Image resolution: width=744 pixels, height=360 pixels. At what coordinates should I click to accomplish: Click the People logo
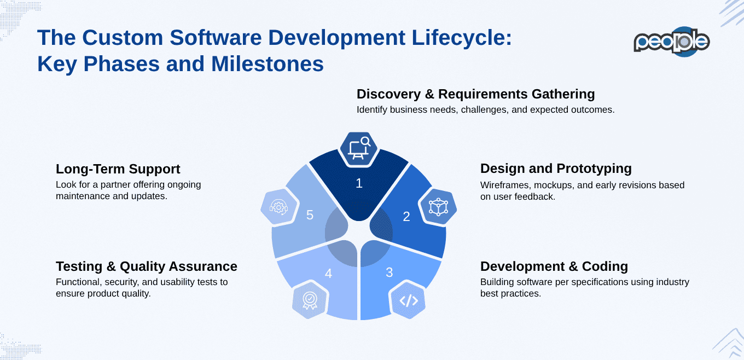[x=671, y=42]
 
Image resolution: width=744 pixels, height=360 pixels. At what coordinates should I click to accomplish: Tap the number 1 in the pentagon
[x=359, y=183]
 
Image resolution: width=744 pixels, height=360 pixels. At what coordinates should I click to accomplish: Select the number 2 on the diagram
[x=406, y=217]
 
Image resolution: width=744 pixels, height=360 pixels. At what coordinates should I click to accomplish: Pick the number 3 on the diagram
[x=389, y=272]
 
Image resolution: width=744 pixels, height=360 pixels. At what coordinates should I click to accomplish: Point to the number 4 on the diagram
[x=328, y=273]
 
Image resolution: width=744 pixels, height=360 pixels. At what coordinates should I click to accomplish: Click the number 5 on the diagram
[x=310, y=216]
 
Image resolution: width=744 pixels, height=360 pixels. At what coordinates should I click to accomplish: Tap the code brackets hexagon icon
[x=408, y=300]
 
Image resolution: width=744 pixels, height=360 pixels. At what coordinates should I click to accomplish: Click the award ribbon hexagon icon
[x=310, y=299]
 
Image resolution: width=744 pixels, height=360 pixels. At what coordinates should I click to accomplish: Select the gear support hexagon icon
[x=278, y=207]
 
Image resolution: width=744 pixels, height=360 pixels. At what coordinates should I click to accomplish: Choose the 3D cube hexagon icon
[x=438, y=207]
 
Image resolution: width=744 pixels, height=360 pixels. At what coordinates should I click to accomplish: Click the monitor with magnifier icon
[x=359, y=148]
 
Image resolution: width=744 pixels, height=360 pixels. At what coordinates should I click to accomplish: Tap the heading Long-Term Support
[x=118, y=169]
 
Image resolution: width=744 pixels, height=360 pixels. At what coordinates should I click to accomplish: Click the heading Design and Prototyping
[x=556, y=169]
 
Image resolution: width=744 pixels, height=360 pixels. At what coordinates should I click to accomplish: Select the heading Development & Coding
[x=554, y=266]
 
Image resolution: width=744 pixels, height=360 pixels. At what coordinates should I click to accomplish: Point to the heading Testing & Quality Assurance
[x=146, y=266]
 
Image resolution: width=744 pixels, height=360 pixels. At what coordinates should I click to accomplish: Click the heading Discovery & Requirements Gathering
[x=475, y=94]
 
